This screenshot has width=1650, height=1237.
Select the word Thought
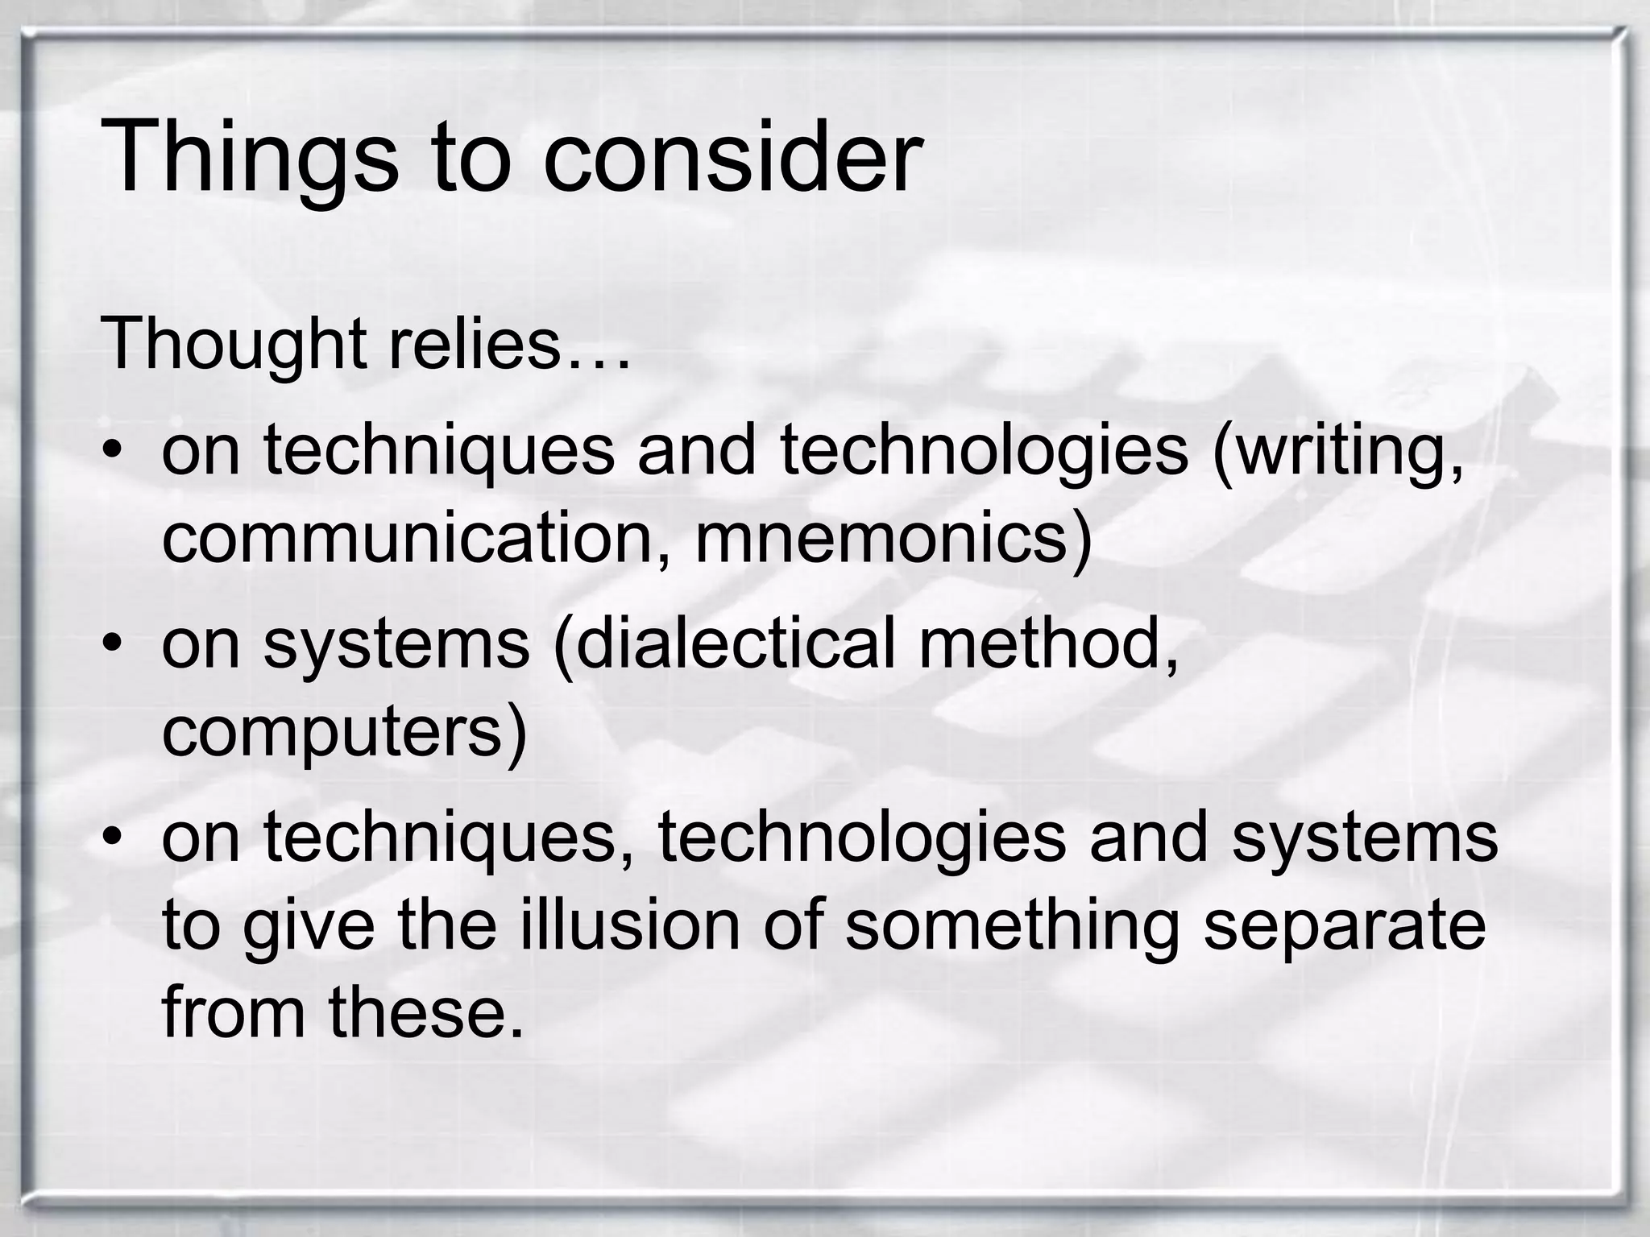click(233, 344)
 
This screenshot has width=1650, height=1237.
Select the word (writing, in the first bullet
click(1338, 451)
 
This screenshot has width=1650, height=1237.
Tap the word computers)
click(345, 733)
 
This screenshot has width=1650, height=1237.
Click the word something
click(1012, 926)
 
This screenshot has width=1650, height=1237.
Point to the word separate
click(1344, 926)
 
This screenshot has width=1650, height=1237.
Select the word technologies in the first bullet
click(984, 451)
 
